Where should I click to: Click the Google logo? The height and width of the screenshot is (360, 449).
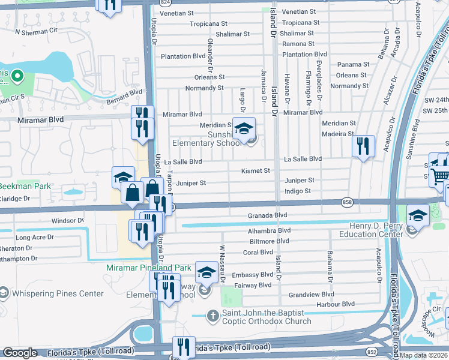coord(20,353)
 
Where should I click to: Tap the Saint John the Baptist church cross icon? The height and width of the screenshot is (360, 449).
coord(212,315)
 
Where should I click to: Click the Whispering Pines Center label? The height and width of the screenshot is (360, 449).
coord(59,293)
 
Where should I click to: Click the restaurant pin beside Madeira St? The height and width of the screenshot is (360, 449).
coord(363,146)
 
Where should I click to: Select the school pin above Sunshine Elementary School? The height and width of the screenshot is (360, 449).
coord(244,128)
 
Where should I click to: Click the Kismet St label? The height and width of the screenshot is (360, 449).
coord(255,171)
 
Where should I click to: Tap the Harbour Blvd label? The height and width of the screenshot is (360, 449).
coord(336,304)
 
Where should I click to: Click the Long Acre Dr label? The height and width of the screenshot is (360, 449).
coord(34,238)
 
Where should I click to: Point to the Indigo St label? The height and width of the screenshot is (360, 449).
coord(298,191)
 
